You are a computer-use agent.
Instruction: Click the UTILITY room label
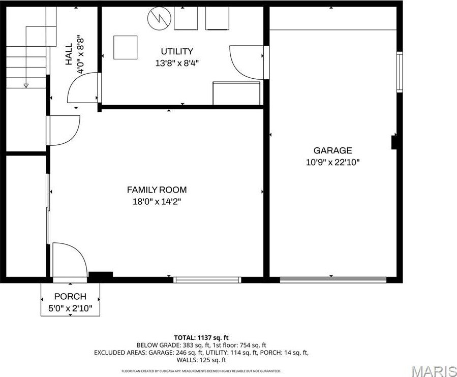(x=177, y=51)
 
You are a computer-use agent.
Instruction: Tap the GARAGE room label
(x=332, y=150)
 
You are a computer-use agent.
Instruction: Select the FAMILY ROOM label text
(x=157, y=190)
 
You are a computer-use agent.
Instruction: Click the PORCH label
(x=70, y=297)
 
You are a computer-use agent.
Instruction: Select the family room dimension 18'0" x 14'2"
(x=157, y=202)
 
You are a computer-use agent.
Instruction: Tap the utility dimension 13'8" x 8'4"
(x=177, y=64)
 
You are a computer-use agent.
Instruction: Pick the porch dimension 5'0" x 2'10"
(x=70, y=308)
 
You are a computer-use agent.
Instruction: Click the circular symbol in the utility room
(x=158, y=19)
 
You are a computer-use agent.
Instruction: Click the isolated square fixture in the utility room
(x=125, y=47)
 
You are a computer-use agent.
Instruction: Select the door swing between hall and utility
(x=83, y=87)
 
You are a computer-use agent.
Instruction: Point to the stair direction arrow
(x=26, y=85)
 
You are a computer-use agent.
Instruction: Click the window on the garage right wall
(x=400, y=72)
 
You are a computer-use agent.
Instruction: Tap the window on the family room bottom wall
(x=206, y=279)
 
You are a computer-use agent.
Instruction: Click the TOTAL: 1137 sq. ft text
(x=201, y=337)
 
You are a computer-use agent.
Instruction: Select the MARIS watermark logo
(x=433, y=371)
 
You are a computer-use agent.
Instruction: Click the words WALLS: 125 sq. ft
(x=201, y=360)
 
